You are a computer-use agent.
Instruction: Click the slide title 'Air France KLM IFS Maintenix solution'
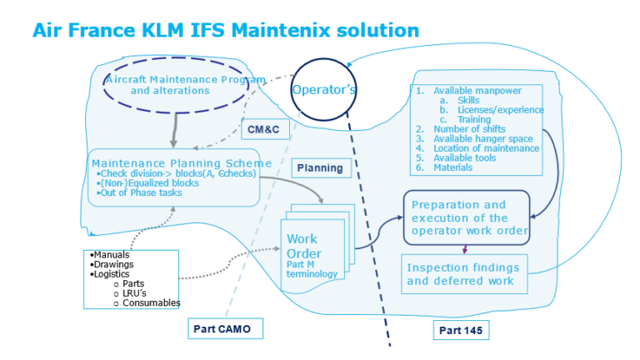click(x=225, y=31)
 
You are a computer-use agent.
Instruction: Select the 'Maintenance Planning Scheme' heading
click(x=182, y=162)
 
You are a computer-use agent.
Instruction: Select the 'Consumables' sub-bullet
click(x=151, y=302)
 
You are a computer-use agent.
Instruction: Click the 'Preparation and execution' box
click(x=467, y=217)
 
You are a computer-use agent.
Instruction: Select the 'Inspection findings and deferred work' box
click(x=464, y=274)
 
